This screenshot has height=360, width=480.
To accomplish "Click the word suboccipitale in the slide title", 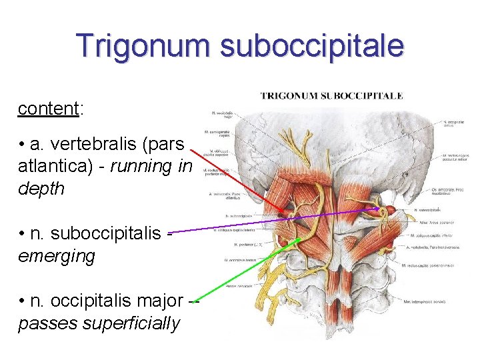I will (x=312, y=46).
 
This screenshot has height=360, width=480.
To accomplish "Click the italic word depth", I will (x=41, y=189).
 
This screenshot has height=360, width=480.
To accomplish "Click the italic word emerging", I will (x=57, y=256).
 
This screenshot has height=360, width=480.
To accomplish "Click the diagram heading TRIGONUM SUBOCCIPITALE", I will (x=331, y=96).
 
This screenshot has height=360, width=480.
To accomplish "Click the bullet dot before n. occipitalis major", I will (x=23, y=301).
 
